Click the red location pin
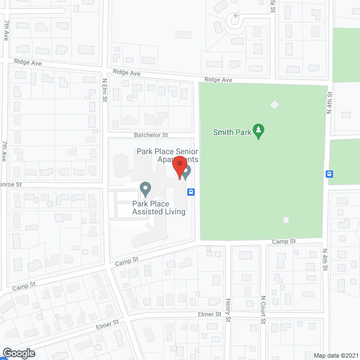[x=179, y=168]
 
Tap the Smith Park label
[x=231, y=133]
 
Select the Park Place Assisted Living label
[x=159, y=208]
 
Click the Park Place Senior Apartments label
[x=167, y=155]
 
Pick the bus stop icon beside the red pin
[x=191, y=192]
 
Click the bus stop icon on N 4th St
[x=330, y=174]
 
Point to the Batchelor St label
[x=151, y=135]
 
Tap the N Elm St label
[x=105, y=90]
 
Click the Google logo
[x=18, y=353]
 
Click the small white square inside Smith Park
[x=286, y=220]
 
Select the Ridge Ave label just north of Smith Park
[x=219, y=80]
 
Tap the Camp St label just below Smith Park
[x=283, y=241]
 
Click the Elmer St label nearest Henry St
[x=210, y=314]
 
